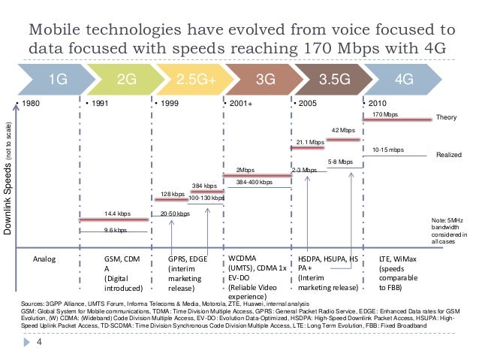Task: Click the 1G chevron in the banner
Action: tap(57, 78)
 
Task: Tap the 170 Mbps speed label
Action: tap(385, 115)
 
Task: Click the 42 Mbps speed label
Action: tap(343, 130)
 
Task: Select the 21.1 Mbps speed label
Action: tap(310, 141)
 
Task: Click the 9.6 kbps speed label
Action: tap(115, 231)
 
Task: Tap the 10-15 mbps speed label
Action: tap(387, 150)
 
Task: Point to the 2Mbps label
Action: tap(246, 170)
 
